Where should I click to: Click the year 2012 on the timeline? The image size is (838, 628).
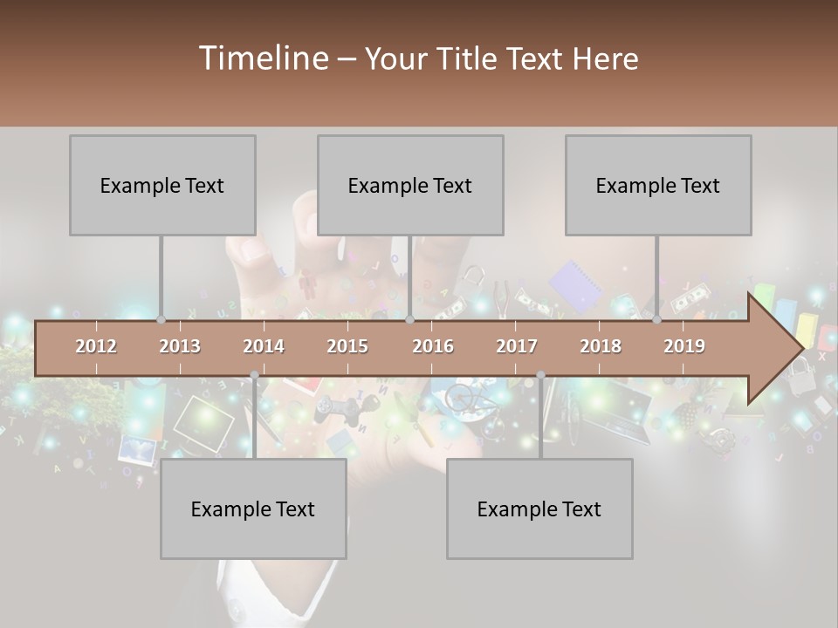click(x=96, y=346)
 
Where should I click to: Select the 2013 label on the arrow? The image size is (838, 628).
click(x=180, y=346)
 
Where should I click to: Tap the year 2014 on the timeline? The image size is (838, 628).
click(x=264, y=346)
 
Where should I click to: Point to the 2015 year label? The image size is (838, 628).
click(x=347, y=346)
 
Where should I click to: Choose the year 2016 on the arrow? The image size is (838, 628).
click(x=433, y=346)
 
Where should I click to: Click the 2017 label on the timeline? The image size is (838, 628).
click(x=517, y=346)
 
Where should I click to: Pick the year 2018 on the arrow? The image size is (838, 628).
click(x=601, y=346)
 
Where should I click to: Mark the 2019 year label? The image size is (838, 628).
click(x=684, y=346)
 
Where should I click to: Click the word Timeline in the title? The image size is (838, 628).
click(x=263, y=58)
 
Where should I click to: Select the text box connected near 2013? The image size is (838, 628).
click(x=162, y=185)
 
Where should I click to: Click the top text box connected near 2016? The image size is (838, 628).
click(x=410, y=185)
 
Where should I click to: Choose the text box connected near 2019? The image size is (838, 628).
click(x=658, y=185)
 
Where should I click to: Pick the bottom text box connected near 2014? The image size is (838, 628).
click(x=253, y=509)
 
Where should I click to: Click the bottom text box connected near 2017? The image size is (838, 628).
click(x=539, y=509)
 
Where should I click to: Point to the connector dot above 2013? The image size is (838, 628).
click(x=161, y=320)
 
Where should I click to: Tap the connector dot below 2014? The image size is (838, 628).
click(x=254, y=375)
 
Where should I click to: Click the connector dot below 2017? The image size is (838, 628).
click(x=540, y=375)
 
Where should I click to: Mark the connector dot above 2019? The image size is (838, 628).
click(x=656, y=320)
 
